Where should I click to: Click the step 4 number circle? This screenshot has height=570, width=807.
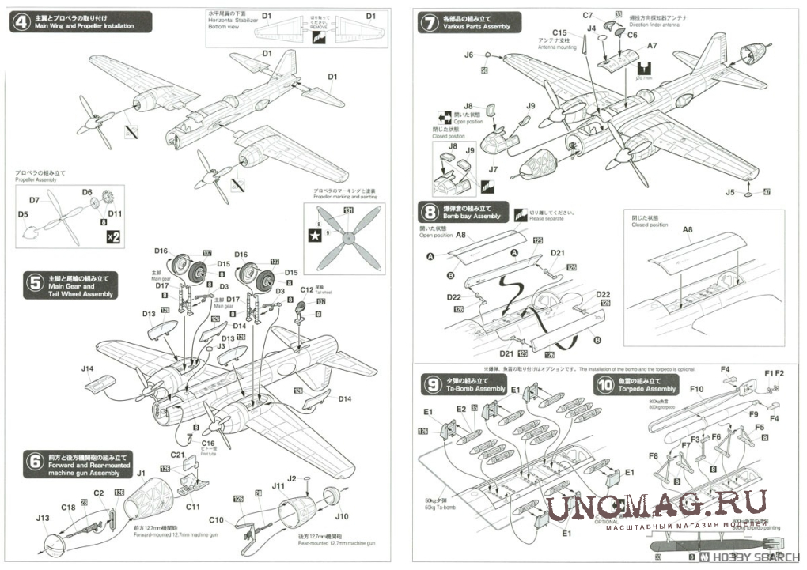[x=19, y=22]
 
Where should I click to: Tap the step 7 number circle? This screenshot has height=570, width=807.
[x=428, y=22]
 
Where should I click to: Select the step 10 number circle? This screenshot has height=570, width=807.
[x=605, y=384]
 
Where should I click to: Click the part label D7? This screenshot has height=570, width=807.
[x=34, y=201]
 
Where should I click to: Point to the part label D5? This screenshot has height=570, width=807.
[x=23, y=214]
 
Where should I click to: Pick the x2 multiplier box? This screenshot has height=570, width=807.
[x=112, y=236]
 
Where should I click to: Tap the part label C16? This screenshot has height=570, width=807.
[x=208, y=444]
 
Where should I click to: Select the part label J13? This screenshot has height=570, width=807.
[x=43, y=519]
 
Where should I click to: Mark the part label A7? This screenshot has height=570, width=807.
[x=652, y=47]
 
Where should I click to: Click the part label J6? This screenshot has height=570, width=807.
[x=469, y=55]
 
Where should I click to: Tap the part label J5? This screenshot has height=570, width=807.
[x=729, y=192]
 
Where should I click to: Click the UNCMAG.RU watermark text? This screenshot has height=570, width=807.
[x=657, y=504]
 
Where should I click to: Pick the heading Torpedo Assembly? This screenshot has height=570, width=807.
[x=648, y=389]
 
